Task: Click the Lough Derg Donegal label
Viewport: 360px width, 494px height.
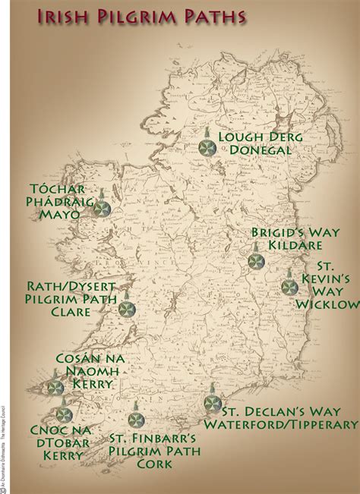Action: [261, 143]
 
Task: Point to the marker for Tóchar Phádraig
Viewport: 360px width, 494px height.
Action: [105, 206]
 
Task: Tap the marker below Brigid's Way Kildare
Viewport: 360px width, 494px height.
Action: [254, 260]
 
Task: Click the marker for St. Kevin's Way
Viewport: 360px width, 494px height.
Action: [288, 288]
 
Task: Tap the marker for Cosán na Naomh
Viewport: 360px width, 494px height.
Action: [55, 387]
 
